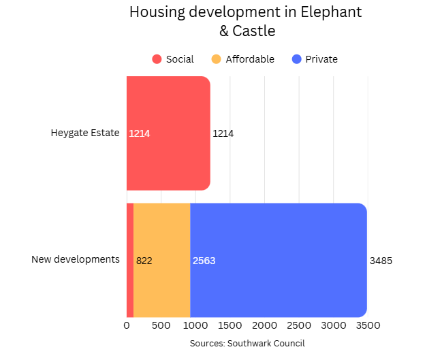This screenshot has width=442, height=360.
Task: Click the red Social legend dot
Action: tap(157, 59)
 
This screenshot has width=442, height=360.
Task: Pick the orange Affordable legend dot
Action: tap(217, 59)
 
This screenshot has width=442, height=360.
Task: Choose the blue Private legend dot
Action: tap(296, 59)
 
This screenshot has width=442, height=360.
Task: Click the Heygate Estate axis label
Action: tap(85, 133)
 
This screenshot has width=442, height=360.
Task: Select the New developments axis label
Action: tap(76, 259)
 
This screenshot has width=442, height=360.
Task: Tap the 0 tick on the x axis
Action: tap(127, 325)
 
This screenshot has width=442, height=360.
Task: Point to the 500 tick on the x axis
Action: tap(161, 325)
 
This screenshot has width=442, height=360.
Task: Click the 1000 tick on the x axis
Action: tap(195, 325)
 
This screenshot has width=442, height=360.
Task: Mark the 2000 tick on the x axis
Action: tap(264, 325)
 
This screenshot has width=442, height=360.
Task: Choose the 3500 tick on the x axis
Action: tap(368, 325)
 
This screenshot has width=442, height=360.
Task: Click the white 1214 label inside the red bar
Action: tap(140, 133)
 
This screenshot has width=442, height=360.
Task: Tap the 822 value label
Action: tap(144, 261)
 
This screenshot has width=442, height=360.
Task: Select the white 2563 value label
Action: tap(204, 261)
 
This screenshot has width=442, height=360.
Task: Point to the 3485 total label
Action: tap(381, 261)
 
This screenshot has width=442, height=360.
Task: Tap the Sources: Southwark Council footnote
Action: tap(247, 344)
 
